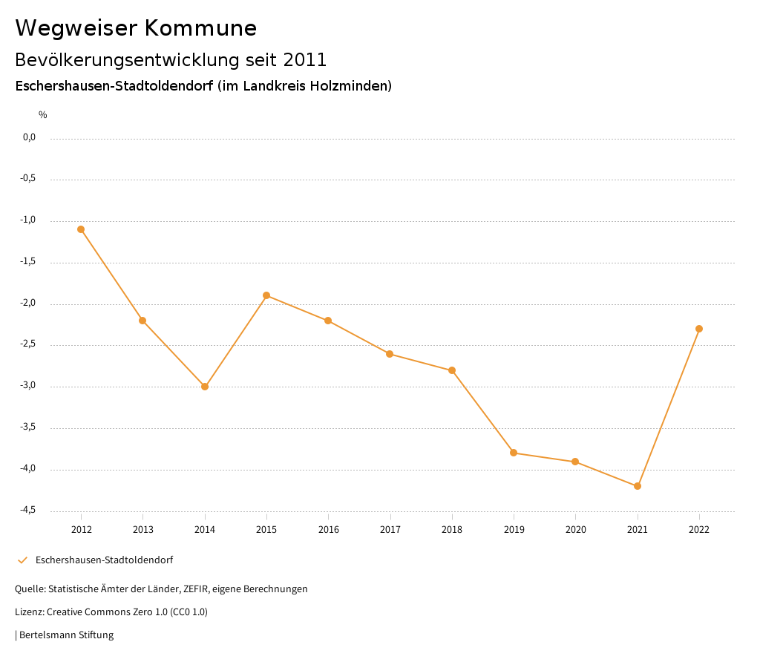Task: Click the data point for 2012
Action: tap(81, 229)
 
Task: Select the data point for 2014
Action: tap(205, 387)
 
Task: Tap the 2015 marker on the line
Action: tap(266, 295)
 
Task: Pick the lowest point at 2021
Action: tap(638, 486)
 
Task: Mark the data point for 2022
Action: tap(699, 329)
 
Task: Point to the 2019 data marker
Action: tap(514, 453)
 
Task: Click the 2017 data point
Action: tap(390, 354)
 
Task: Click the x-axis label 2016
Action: tap(328, 529)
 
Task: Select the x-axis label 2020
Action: tap(575, 529)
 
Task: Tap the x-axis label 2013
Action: tap(142, 529)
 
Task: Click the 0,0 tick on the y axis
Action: tap(29, 137)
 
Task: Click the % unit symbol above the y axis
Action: tap(43, 115)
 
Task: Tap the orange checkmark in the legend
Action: tap(22, 560)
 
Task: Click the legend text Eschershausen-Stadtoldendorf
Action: tap(104, 560)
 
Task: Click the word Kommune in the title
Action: tap(201, 28)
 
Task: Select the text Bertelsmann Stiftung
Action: tap(66, 635)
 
